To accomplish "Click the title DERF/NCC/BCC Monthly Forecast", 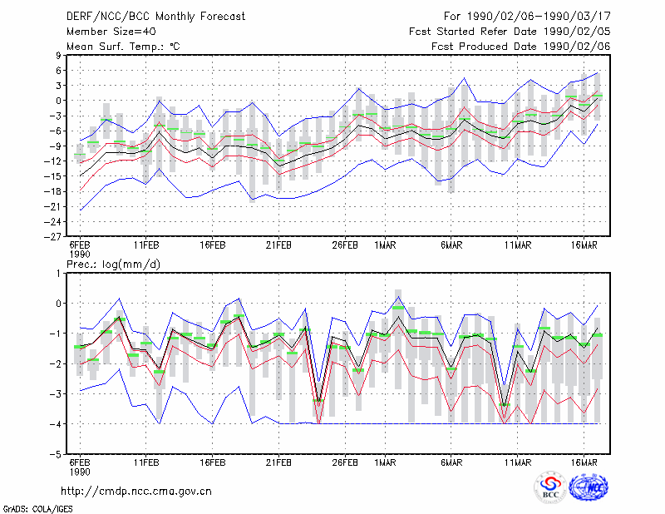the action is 155,17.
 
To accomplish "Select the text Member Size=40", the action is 111,32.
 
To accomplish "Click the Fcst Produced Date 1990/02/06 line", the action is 521,47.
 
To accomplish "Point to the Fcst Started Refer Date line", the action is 510,32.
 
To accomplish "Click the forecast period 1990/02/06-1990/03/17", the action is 539,17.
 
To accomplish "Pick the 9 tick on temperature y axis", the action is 58,55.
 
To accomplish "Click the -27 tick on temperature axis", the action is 52,236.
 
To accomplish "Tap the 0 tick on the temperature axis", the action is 58,101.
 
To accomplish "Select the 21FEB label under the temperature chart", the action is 278,245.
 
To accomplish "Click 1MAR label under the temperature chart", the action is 385,245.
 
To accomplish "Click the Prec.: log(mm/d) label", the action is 113,264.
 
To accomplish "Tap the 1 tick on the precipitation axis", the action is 58,274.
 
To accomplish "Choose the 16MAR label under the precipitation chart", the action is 584,462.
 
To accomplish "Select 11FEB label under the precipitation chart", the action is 146,462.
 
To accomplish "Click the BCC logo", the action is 550,487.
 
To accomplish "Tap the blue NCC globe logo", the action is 589,487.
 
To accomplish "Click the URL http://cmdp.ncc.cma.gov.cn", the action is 136,492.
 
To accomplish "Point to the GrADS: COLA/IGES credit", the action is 37,509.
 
